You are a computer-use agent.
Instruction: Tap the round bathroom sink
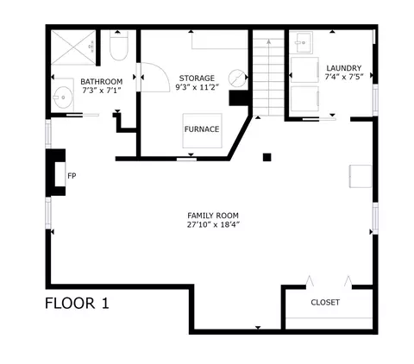tap(63, 97)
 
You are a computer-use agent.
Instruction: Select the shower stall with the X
tap(73, 47)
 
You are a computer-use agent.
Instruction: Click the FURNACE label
tap(202, 129)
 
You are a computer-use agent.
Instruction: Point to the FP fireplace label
tap(72, 176)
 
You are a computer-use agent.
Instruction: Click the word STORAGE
tap(197, 78)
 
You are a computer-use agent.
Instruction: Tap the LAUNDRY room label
tap(344, 68)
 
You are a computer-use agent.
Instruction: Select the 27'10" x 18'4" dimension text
tap(213, 224)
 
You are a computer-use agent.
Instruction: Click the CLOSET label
tap(325, 302)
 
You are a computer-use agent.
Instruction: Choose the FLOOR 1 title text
tap(77, 304)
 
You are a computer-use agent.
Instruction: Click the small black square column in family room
tap(267, 157)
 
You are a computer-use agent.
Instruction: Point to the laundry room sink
tap(304, 43)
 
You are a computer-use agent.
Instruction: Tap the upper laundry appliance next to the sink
tap(304, 70)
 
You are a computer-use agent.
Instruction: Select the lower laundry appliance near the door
tap(304, 98)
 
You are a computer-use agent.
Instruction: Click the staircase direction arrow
tap(269, 77)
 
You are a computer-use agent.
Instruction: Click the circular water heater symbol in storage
tap(237, 78)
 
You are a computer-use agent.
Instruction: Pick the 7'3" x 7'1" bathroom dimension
tap(101, 91)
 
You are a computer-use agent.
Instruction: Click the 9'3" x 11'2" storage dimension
tap(198, 87)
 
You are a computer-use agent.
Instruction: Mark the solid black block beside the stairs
tap(239, 98)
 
